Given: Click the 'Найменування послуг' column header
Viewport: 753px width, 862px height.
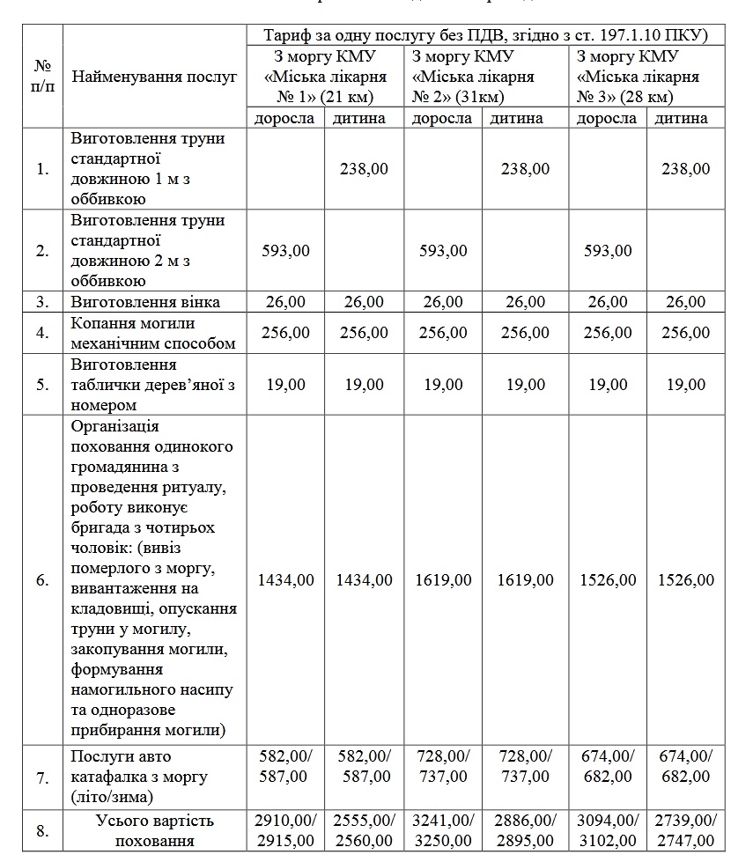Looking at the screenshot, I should click(x=155, y=77).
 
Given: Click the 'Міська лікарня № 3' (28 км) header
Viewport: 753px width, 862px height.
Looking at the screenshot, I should click(x=638, y=77).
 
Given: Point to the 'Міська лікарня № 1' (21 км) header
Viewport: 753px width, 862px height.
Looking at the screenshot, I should click(x=325, y=77).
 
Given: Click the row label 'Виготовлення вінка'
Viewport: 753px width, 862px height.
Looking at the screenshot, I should click(x=146, y=302).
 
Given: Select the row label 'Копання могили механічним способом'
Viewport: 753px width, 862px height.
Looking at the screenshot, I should click(x=153, y=333).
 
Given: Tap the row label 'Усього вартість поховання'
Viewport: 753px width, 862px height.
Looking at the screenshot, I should click(x=153, y=830).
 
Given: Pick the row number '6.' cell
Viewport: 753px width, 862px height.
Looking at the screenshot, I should click(x=42, y=580).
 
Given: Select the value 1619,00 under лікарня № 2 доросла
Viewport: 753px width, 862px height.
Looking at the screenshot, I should click(x=444, y=580).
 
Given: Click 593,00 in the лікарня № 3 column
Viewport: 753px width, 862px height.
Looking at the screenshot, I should click(x=608, y=251).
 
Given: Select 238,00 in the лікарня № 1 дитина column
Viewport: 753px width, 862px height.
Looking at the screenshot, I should click(x=365, y=169).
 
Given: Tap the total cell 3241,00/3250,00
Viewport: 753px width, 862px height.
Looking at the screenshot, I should click(x=444, y=830).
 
